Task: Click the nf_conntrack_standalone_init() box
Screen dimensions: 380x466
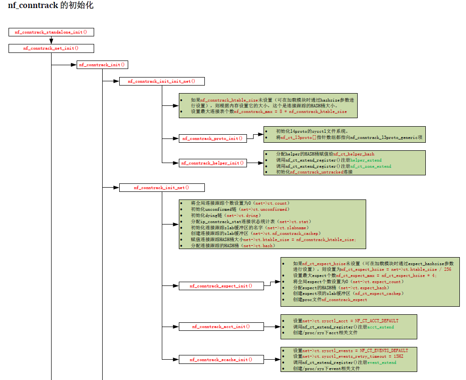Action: point(51,32)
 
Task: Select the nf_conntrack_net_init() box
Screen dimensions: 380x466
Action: point(51,48)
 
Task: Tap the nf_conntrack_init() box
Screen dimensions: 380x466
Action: point(102,65)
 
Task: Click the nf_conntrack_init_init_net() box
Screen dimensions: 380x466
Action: point(162,81)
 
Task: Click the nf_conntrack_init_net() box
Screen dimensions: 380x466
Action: point(162,188)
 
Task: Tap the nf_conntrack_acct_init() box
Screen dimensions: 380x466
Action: point(221,327)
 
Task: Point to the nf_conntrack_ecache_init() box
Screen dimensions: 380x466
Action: point(221,360)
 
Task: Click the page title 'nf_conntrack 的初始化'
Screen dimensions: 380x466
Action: point(51,6)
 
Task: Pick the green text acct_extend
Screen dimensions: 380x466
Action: point(380,327)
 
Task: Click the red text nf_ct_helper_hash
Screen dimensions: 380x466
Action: point(354,155)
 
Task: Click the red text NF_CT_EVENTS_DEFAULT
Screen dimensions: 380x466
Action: point(384,351)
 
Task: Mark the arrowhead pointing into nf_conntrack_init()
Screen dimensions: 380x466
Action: point(74,65)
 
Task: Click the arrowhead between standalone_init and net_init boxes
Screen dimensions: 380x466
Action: point(51,41)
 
